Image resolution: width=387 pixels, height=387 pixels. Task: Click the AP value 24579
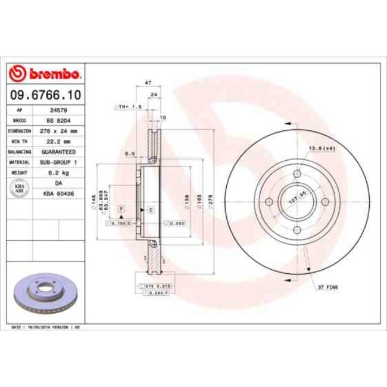(x=58, y=110)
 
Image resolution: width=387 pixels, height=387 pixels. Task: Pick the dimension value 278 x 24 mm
(x=58, y=130)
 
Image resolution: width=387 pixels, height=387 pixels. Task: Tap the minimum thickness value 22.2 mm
(x=58, y=141)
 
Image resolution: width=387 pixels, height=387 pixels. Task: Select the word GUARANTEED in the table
(x=58, y=152)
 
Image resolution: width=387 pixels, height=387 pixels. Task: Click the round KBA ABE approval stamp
(x=18, y=188)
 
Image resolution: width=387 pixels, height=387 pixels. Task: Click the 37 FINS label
(x=327, y=287)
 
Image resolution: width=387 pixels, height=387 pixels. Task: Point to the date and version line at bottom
(x=46, y=327)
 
